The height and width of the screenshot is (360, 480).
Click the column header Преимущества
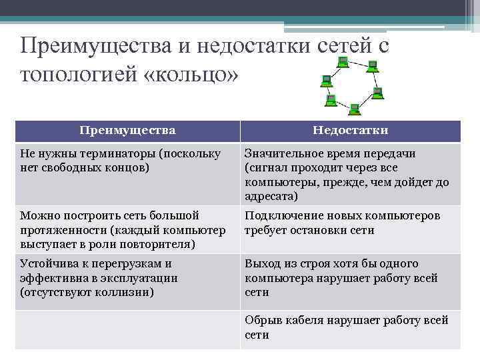[x=127, y=130]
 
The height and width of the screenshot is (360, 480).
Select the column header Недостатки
[x=351, y=130]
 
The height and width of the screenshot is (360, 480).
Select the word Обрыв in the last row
[x=263, y=321]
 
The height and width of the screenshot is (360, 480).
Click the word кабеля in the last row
[x=304, y=321]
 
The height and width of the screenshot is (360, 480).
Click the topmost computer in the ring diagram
[x=342, y=63]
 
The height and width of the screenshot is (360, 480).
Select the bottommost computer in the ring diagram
[x=354, y=108]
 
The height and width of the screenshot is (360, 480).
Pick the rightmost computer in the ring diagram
[x=378, y=93]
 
